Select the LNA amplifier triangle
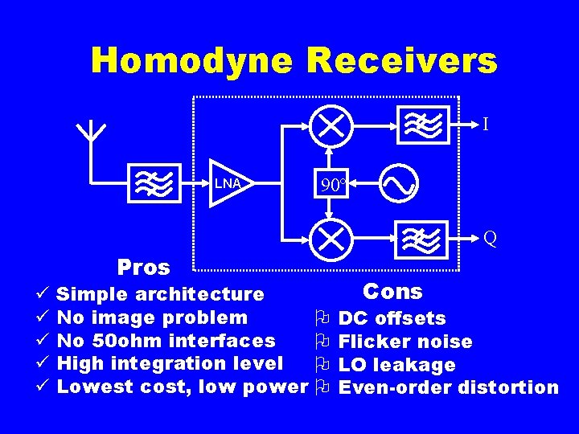coord(229,184)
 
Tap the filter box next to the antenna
coord(151,184)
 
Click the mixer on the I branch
coord(329,125)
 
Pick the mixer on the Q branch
coord(329,238)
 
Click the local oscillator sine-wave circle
coord(398,184)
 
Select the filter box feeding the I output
coord(422,125)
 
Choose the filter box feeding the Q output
coord(423,238)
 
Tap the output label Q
coord(490,238)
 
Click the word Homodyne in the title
coord(192,60)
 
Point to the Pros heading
coord(144,267)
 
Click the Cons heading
coord(392,291)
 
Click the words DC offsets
coord(392,319)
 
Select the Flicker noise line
coord(405,342)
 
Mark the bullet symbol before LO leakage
coord(322,365)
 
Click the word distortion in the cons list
coord(508,387)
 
